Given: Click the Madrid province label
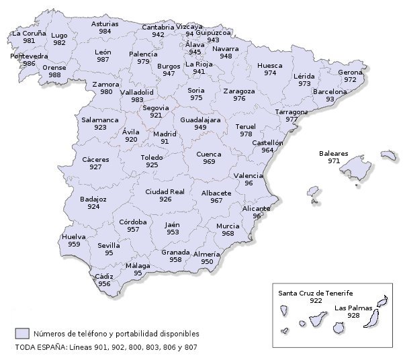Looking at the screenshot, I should pos(165,134).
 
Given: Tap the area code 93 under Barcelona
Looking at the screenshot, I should pos(330,99).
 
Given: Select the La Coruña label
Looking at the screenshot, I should pos(29,32).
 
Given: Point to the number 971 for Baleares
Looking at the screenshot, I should pos(334,161).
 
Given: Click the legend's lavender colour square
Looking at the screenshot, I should pos(23,333).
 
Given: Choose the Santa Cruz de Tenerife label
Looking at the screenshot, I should pos(316,293).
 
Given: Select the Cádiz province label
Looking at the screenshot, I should pos(104,276).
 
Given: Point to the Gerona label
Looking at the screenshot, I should pos(350,72).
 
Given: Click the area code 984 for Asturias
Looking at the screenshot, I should pos(105,32).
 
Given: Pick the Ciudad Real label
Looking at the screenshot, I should pos(165,191).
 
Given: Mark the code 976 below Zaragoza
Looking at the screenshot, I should pos(239,99).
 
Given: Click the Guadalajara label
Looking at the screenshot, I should pos(200,119).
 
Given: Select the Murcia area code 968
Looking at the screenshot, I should pos(228,234).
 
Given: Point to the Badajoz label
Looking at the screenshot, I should pos(93,199).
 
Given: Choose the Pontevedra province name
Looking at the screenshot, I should pos(29,56).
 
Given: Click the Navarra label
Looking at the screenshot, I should pos(225,48).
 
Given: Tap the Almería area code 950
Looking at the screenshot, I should pos(206,262).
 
